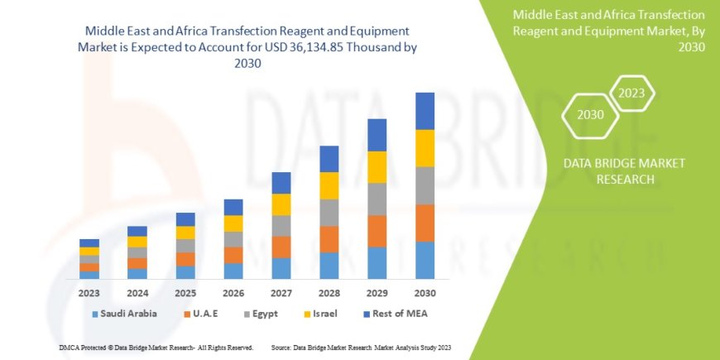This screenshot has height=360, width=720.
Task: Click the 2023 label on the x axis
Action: (x=89, y=293)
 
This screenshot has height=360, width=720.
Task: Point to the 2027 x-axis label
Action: (x=281, y=293)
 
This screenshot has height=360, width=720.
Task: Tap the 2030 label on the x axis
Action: (x=425, y=293)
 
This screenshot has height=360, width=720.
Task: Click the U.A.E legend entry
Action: (x=204, y=314)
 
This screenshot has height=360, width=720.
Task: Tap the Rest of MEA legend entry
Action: (x=396, y=314)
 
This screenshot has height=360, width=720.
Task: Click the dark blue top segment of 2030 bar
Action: (x=425, y=111)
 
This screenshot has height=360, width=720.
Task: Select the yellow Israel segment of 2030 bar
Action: (x=425, y=148)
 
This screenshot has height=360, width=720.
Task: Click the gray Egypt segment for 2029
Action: (x=377, y=199)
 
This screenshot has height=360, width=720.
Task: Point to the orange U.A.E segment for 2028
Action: (x=329, y=239)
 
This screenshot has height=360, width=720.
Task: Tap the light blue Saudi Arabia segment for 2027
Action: (x=281, y=268)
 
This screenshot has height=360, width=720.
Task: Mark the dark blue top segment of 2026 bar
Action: (x=233, y=207)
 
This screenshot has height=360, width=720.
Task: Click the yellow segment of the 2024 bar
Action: (x=137, y=242)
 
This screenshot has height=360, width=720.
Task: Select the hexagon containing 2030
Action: (x=590, y=115)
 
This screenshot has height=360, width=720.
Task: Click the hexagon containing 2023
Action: (x=631, y=93)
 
